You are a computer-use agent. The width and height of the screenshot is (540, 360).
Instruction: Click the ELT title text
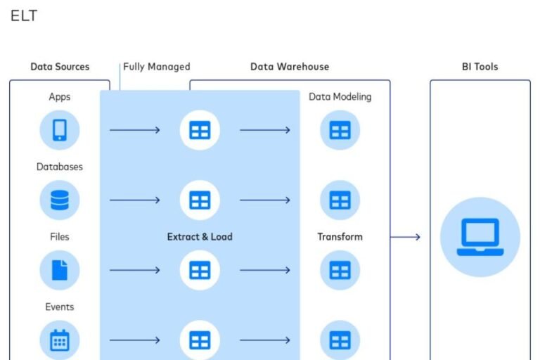24,15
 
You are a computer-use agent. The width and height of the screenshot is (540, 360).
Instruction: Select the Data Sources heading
60,67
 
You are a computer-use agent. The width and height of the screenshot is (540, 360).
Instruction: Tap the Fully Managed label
157,67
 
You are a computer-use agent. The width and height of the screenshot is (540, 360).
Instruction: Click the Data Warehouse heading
289,67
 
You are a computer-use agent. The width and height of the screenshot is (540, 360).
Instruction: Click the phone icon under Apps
60,130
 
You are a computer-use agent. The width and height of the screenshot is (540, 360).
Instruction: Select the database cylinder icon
60,200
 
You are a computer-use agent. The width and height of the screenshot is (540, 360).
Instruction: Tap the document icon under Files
60,270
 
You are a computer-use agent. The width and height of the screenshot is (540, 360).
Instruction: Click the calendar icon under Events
60,340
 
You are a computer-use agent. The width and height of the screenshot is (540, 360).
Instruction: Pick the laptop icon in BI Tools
480,237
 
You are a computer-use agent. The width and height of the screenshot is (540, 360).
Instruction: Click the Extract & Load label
200,237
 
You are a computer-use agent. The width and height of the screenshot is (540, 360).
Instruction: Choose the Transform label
340,237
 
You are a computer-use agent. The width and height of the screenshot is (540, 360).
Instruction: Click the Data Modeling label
340,97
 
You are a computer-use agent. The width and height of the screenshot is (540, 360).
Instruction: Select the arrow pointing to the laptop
406,237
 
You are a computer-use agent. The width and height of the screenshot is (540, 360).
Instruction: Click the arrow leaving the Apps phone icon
134,130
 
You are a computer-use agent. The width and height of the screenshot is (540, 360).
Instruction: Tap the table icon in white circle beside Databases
200,200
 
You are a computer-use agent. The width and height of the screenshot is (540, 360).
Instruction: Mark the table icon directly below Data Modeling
340,130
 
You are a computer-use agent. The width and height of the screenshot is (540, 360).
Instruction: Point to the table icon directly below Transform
340,270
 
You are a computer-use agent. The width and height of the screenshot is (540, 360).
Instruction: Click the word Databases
60,167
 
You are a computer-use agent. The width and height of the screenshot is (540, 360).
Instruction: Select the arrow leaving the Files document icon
134,270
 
